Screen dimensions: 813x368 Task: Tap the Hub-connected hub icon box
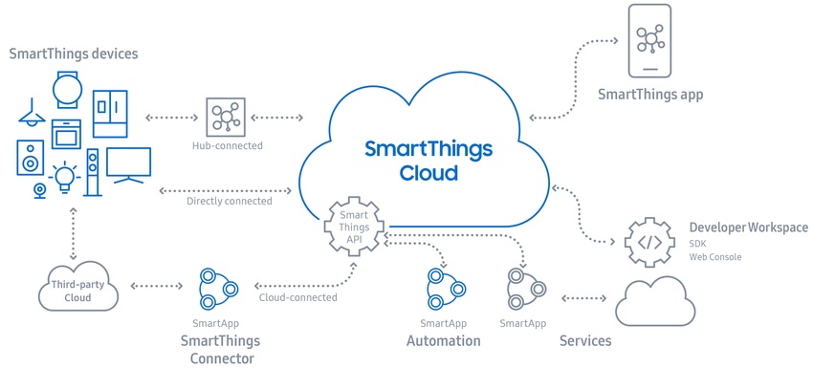pyautogui.click(x=226, y=117)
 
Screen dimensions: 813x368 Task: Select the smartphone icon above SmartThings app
pyautogui.click(x=649, y=40)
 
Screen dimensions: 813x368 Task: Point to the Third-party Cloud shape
pyautogui.click(x=78, y=287)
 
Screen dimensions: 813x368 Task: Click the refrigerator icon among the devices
pyautogui.click(x=110, y=114)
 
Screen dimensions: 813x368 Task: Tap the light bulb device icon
pyautogui.click(x=64, y=177)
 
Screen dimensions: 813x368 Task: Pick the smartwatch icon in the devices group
pyautogui.click(x=67, y=90)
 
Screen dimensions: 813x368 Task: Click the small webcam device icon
pyautogui.click(x=39, y=191)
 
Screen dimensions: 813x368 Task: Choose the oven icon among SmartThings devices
pyautogui.click(x=66, y=134)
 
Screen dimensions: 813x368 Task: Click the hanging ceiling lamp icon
pyautogui.click(x=32, y=113)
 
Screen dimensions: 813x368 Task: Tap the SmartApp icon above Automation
pyautogui.click(x=446, y=289)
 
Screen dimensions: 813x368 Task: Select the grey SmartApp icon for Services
pyautogui.click(x=526, y=289)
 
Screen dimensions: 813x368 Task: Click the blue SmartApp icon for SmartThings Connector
pyautogui.click(x=218, y=289)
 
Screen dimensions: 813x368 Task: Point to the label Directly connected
pyautogui.click(x=230, y=201)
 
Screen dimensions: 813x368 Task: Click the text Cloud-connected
pyautogui.click(x=298, y=297)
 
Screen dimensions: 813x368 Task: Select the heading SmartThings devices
pyautogui.click(x=74, y=54)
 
